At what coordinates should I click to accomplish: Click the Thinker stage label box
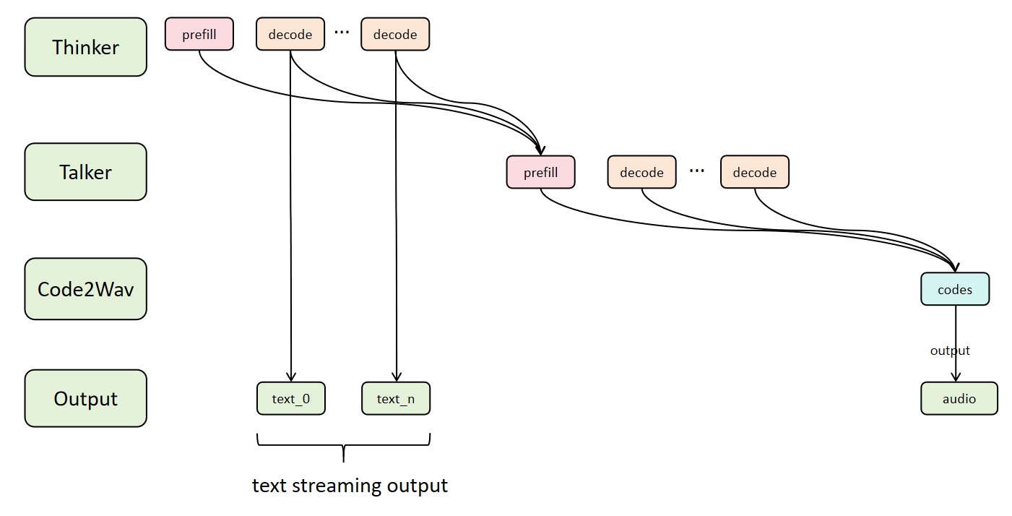point(85,48)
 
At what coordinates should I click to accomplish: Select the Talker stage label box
point(85,172)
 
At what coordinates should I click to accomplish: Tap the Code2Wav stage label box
point(85,289)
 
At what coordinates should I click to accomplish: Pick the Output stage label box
point(85,398)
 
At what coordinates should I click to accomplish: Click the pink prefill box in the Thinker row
point(199,34)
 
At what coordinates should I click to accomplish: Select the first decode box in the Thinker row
point(290,34)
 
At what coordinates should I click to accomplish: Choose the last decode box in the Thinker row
point(395,34)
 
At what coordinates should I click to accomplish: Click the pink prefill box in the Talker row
point(541,172)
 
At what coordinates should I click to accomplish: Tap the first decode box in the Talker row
point(641,172)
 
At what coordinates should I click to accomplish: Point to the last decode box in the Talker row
point(754,172)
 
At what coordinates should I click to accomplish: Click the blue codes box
point(955,289)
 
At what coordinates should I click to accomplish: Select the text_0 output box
point(291,398)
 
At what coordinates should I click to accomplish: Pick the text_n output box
point(395,398)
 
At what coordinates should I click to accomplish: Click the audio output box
point(959,398)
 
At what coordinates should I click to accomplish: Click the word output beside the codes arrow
point(950,351)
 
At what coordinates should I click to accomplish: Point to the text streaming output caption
point(350,485)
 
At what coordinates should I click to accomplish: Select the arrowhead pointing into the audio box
point(956,377)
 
